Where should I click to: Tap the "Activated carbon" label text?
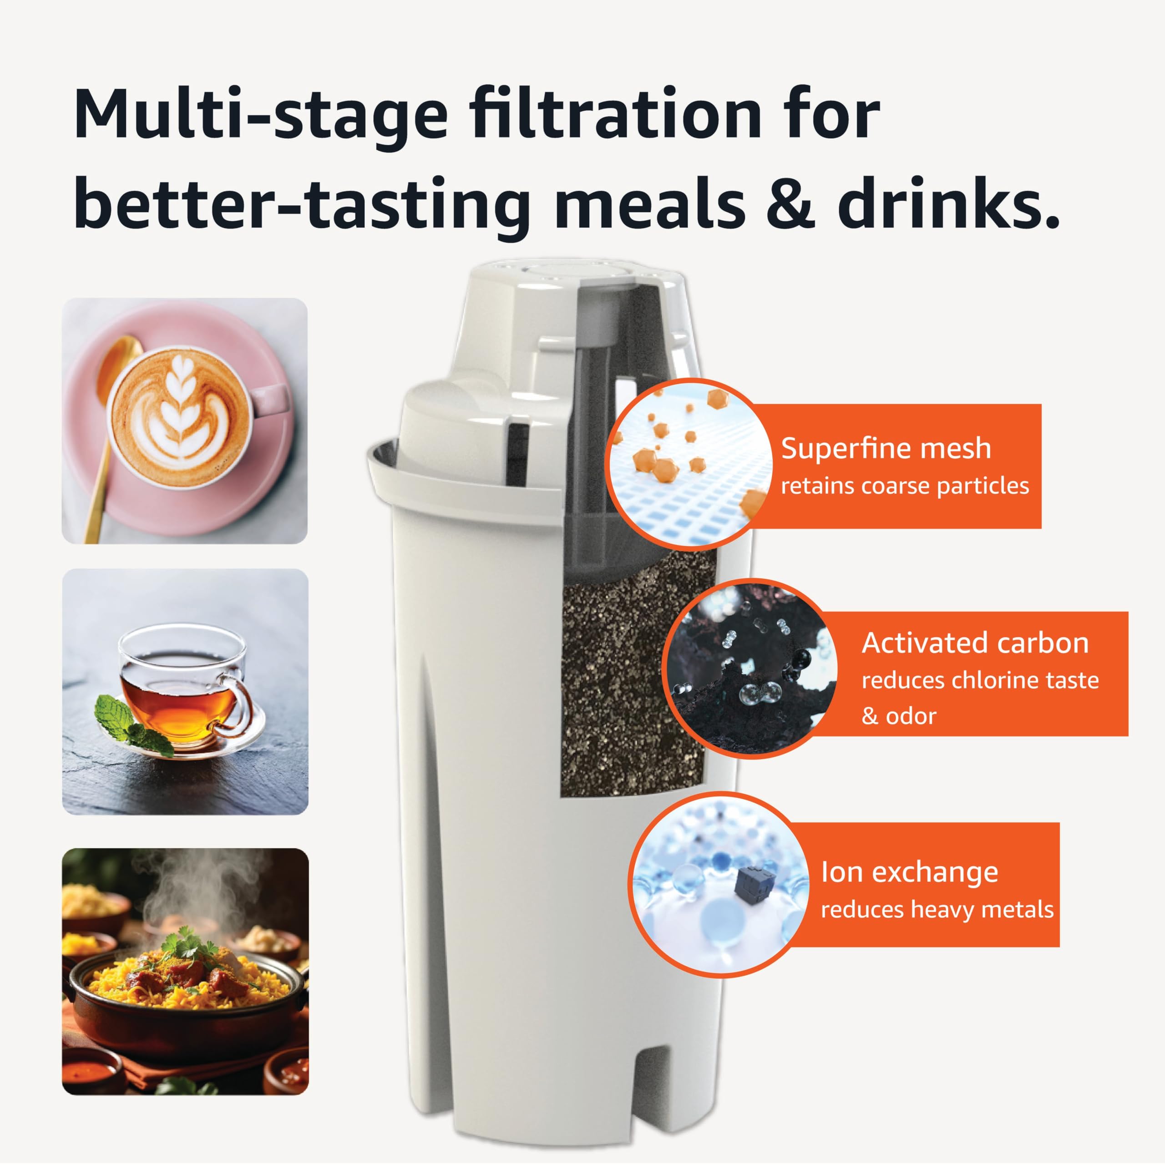point(975,643)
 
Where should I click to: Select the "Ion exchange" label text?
point(909,872)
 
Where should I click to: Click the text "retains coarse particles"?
point(905,486)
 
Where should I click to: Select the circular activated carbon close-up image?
point(751,669)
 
